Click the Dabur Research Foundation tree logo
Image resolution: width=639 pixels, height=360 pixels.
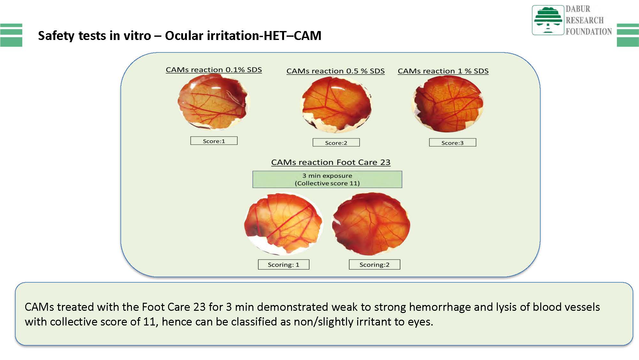click(548, 20)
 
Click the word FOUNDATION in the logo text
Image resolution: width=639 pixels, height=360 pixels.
click(589, 31)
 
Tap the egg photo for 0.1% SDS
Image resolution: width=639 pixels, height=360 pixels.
click(213, 102)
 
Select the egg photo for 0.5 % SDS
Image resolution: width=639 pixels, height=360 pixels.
click(336, 105)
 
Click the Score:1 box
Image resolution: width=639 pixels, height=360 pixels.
click(214, 141)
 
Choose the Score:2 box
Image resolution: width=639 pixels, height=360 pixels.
click(336, 142)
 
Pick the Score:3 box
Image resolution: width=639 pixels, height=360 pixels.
click(452, 142)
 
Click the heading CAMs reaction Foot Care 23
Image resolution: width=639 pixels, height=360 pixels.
click(331, 162)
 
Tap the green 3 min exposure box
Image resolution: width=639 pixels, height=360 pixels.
click(327, 179)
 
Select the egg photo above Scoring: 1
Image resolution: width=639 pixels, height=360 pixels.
click(283, 223)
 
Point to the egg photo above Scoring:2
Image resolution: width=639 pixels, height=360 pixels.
click(371, 224)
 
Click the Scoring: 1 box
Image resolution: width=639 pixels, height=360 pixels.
click(283, 264)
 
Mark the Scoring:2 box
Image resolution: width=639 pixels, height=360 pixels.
click(374, 264)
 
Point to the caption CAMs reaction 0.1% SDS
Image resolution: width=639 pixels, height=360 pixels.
click(214, 70)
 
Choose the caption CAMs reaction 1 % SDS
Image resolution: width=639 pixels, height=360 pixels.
click(443, 71)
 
